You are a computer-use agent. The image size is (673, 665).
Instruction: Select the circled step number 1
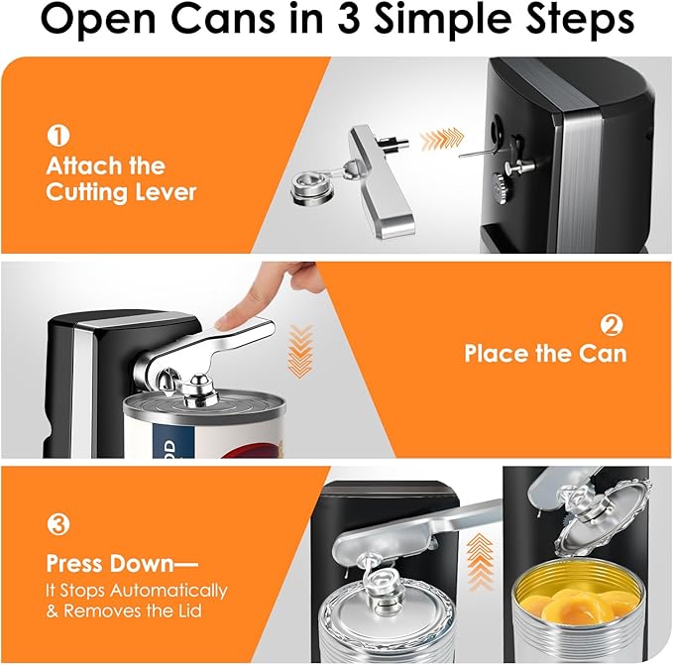(56, 136)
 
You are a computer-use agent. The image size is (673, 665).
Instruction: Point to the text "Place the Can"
(545, 354)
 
